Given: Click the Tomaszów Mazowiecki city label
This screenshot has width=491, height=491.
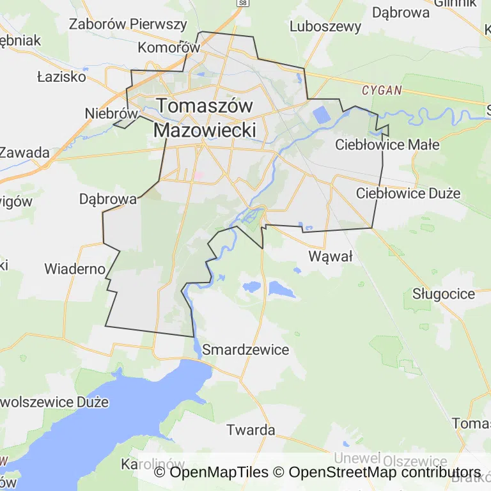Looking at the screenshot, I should pyautogui.click(x=205, y=117).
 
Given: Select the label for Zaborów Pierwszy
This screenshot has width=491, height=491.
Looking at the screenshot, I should pyautogui.click(x=128, y=25).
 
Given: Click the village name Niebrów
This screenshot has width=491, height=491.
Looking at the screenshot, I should pyautogui.click(x=111, y=113).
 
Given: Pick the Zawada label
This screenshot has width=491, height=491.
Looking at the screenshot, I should pyautogui.click(x=24, y=153).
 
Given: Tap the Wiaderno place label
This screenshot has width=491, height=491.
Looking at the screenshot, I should pyautogui.click(x=74, y=269).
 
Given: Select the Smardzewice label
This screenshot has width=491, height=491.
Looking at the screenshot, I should pyautogui.click(x=245, y=350).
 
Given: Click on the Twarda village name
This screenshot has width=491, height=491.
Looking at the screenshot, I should pyautogui.click(x=251, y=430).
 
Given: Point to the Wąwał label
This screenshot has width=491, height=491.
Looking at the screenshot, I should pyautogui.click(x=331, y=256).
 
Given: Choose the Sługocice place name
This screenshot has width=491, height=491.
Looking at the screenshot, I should pyautogui.click(x=444, y=294).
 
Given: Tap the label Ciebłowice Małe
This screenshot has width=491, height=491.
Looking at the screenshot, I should pyautogui.click(x=387, y=144).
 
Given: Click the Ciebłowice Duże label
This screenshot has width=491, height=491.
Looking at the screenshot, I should pyautogui.click(x=408, y=192).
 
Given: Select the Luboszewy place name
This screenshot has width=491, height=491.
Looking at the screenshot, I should pyautogui.click(x=325, y=27).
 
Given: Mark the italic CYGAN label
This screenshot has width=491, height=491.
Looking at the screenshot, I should pyautogui.click(x=382, y=90).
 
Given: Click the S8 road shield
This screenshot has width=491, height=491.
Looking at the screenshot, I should pyautogui.click(x=242, y=3).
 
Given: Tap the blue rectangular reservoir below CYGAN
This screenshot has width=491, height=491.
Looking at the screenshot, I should pyautogui.click(x=322, y=116).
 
